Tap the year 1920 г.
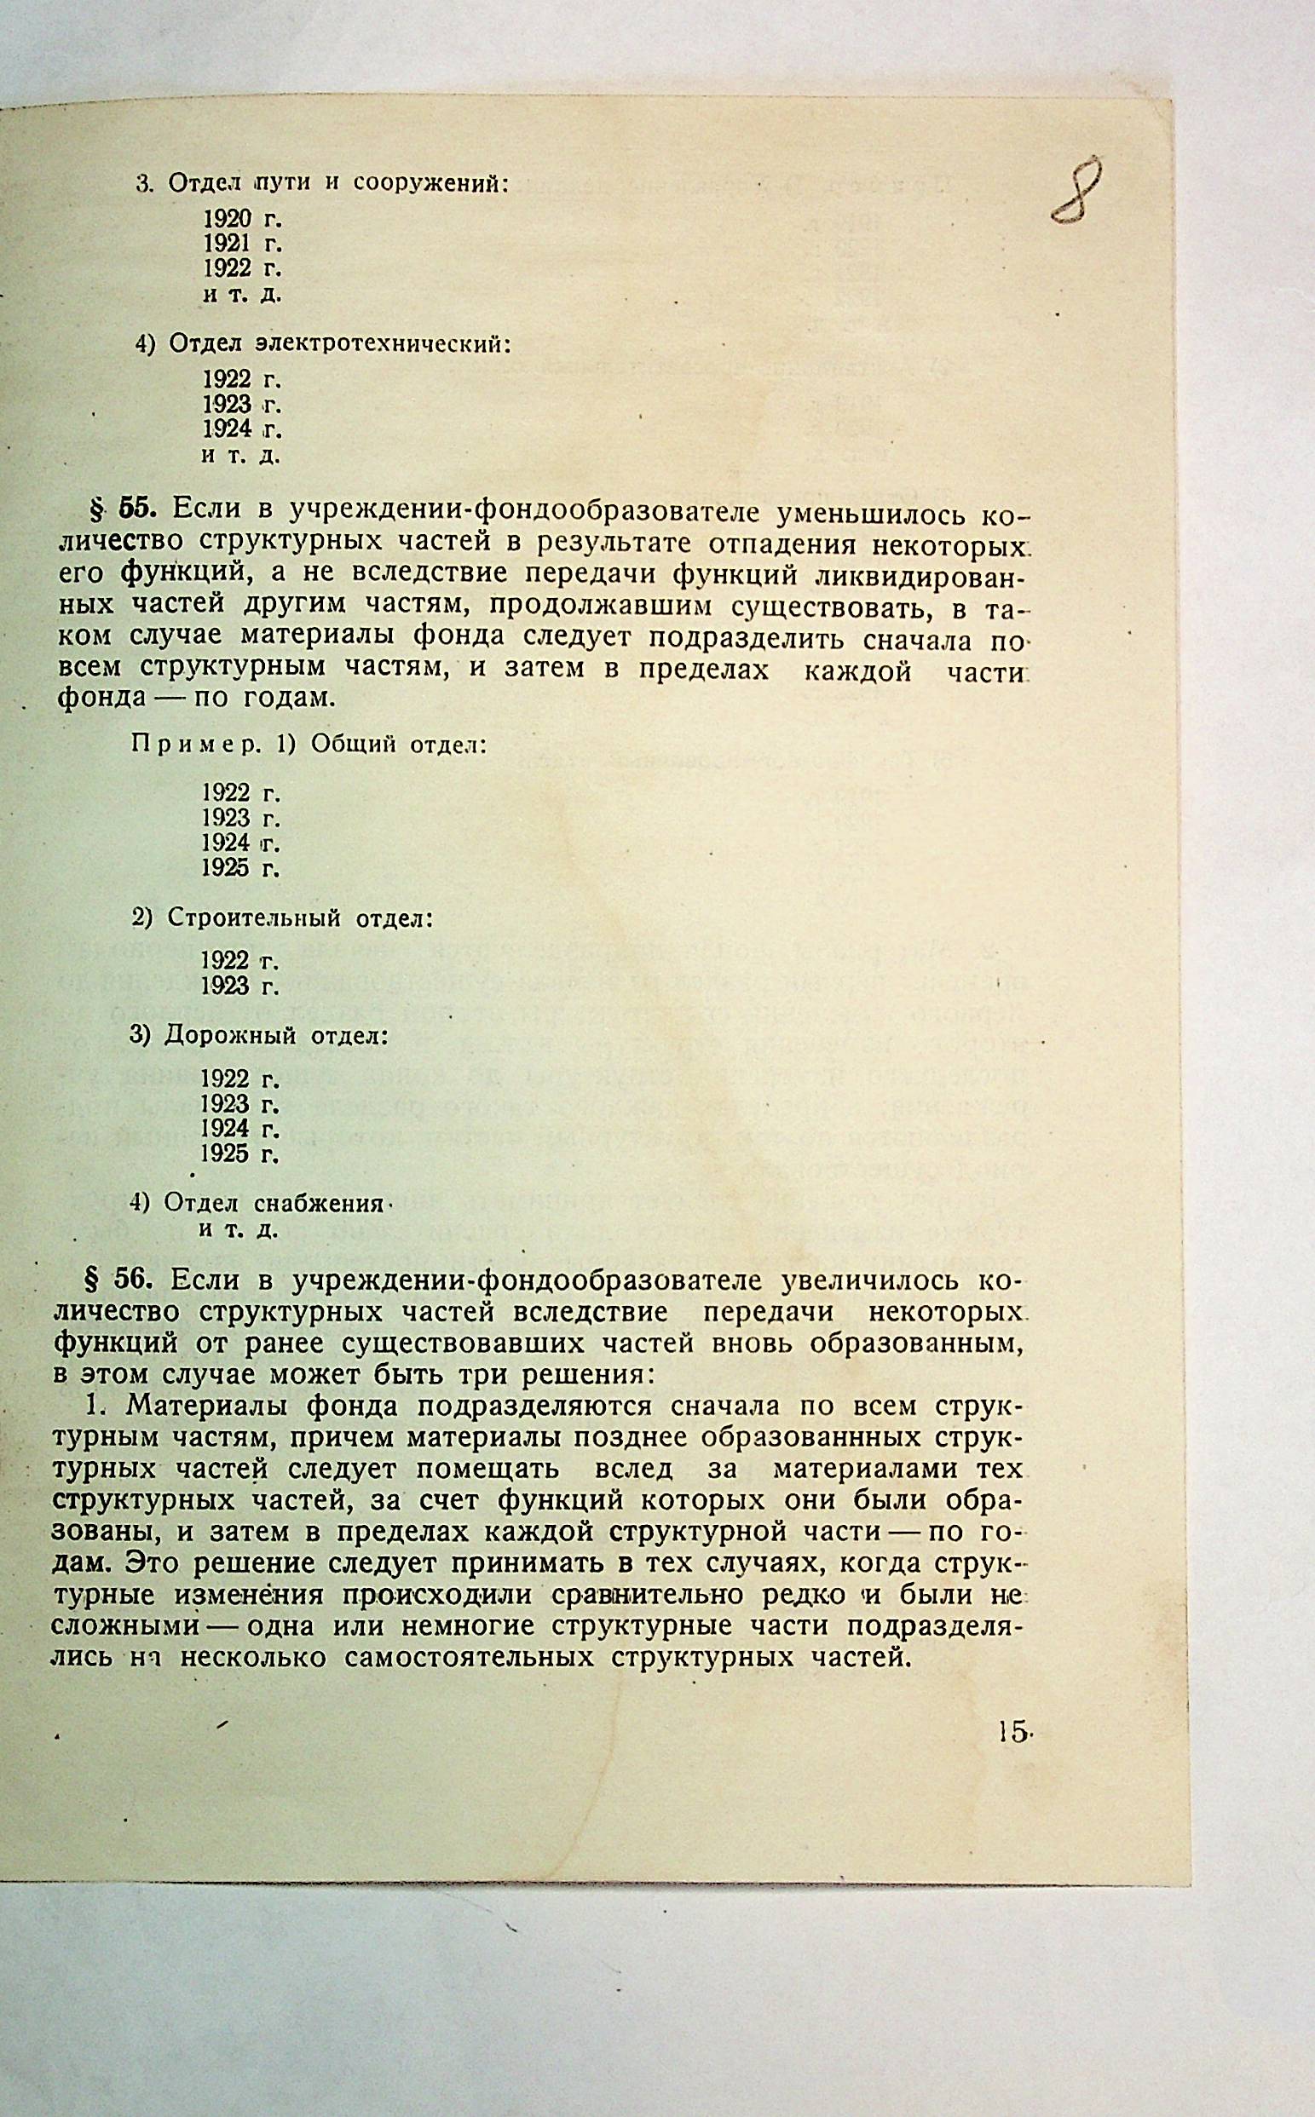242,218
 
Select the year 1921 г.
242,244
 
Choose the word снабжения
319,1204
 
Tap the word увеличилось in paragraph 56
873,1282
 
